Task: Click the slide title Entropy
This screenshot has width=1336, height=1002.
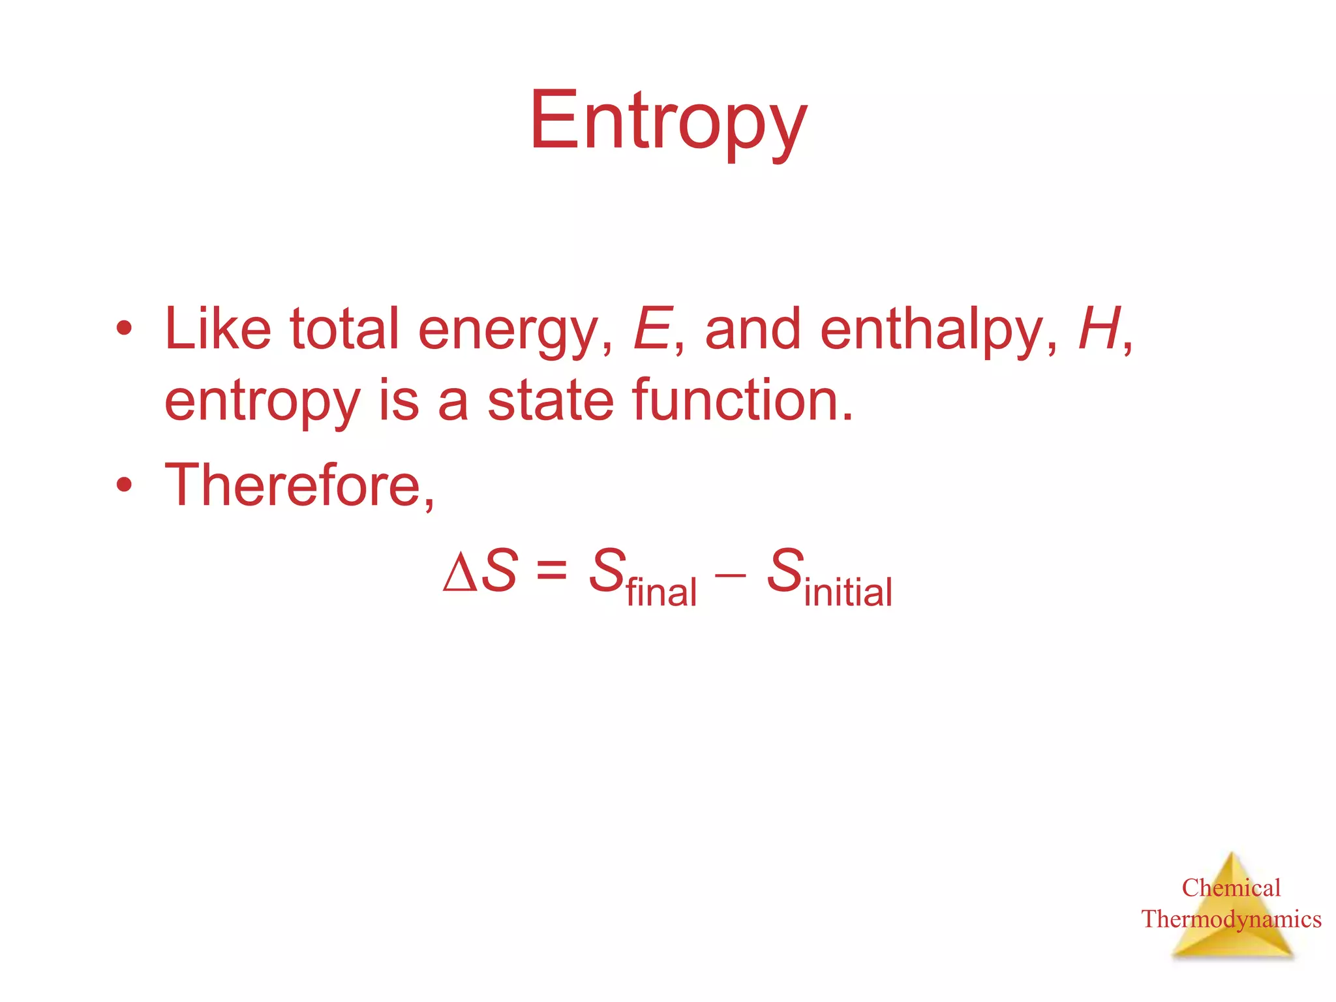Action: pyautogui.click(x=668, y=121)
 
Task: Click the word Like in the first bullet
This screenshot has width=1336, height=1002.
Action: pyautogui.click(x=218, y=329)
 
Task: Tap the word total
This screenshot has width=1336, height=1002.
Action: pyautogui.click(x=344, y=329)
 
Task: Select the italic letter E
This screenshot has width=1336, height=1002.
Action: pyautogui.click(x=651, y=329)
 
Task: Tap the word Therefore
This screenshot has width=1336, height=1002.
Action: pyautogui.click(x=298, y=485)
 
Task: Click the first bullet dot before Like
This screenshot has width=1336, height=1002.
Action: pyautogui.click(x=124, y=329)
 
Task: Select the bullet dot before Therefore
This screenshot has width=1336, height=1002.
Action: pyautogui.click(x=124, y=485)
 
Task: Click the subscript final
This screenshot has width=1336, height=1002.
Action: pyautogui.click(x=661, y=592)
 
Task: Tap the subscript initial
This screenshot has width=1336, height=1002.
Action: pyautogui.click(x=848, y=592)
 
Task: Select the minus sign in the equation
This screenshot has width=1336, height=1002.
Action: pyautogui.click(x=730, y=573)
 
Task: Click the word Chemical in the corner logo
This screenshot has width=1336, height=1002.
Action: pyautogui.click(x=1231, y=888)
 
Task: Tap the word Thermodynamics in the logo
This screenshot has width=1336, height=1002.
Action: pyautogui.click(x=1231, y=919)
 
